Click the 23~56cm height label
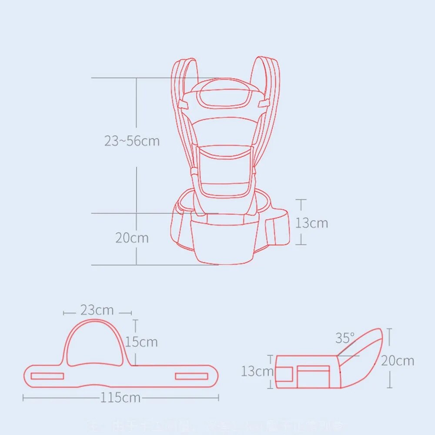[132, 141]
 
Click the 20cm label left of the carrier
[132, 238]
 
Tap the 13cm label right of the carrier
[312, 223]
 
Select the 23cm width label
[97, 311]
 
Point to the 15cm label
[141, 342]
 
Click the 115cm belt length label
[120, 398]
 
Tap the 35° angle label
[345, 338]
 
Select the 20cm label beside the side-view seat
[398, 361]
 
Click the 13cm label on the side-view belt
[258, 371]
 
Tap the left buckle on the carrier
[184, 104]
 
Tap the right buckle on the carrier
[262, 104]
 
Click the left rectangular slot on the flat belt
[47, 376]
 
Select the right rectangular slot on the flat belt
[191, 376]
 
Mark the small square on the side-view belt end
[284, 374]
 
